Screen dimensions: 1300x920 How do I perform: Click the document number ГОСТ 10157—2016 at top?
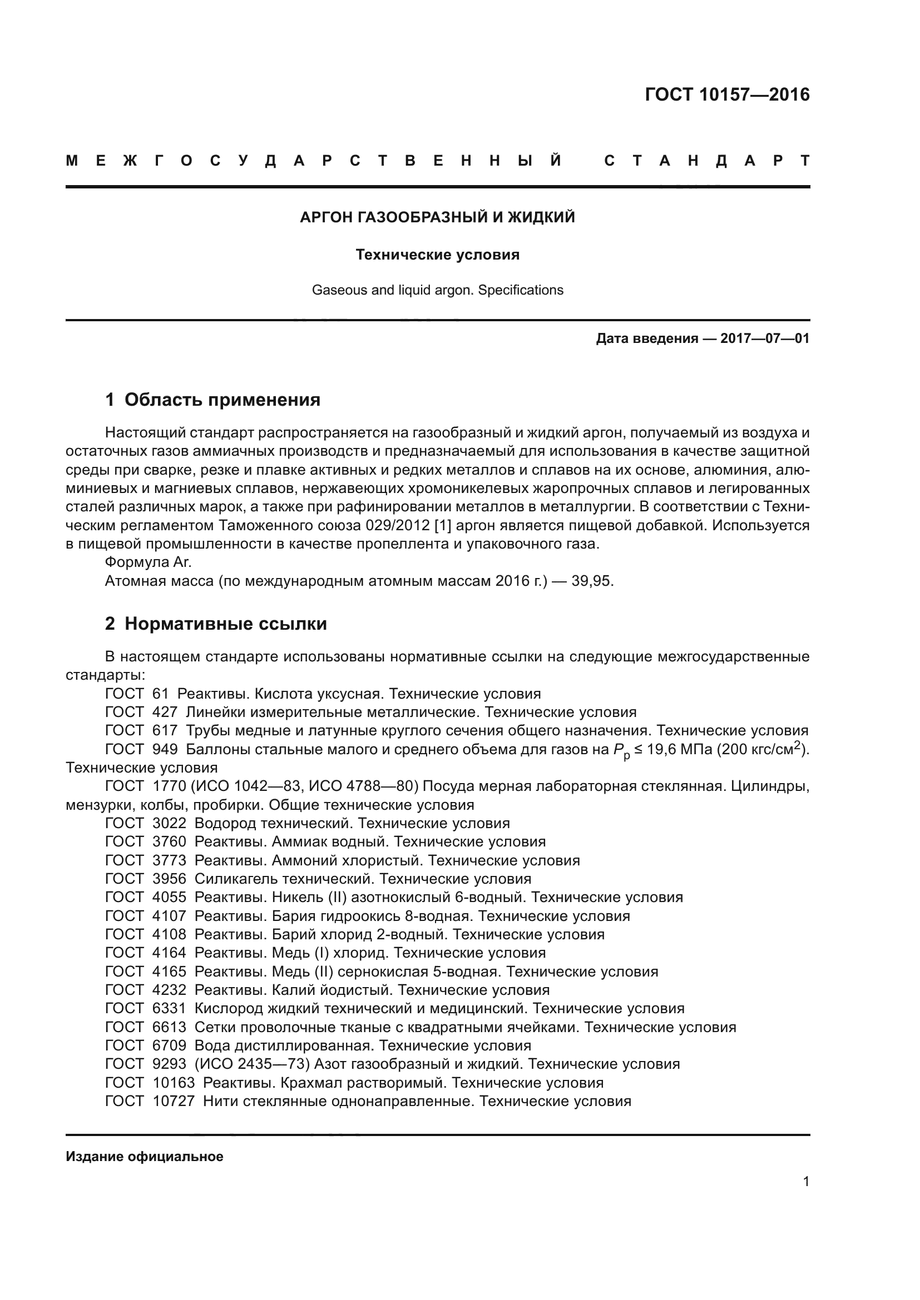tap(727, 94)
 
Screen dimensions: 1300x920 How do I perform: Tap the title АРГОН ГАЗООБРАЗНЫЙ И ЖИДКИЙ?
tap(437, 217)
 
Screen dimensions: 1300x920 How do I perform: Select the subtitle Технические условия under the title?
tap(437, 255)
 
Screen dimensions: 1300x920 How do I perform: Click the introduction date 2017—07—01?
tap(764, 339)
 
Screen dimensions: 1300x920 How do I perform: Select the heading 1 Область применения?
tap(212, 400)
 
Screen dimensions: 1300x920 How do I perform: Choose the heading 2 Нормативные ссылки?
tap(216, 624)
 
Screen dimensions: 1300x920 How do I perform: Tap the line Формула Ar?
tap(149, 562)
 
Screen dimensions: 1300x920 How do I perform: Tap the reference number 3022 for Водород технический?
tap(169, 823)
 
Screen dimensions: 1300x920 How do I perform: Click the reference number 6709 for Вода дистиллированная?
tap(169, 1045)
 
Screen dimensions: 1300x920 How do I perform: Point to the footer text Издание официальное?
tap(145, 1157)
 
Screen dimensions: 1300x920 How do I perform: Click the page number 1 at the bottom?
tap(805, 1182)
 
